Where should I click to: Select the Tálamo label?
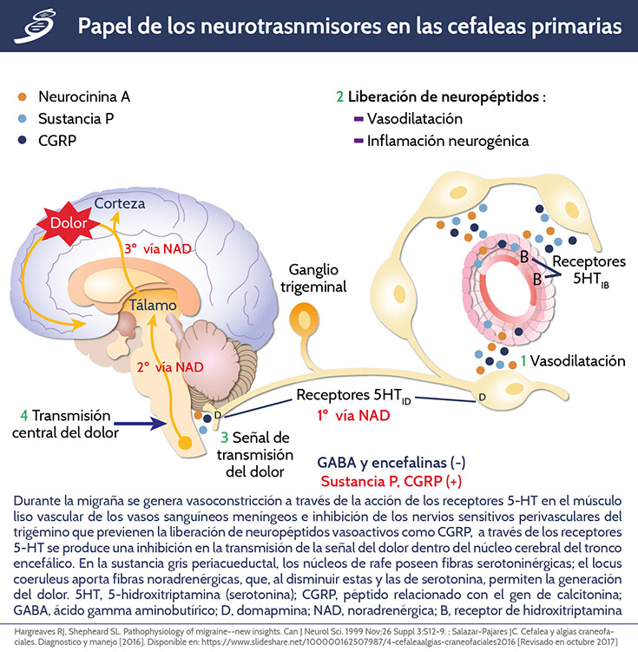(155, 306)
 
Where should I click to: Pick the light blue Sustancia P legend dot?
(23, 118)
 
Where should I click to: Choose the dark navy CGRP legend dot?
(23, 140)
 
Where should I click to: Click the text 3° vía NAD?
(174, 248)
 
